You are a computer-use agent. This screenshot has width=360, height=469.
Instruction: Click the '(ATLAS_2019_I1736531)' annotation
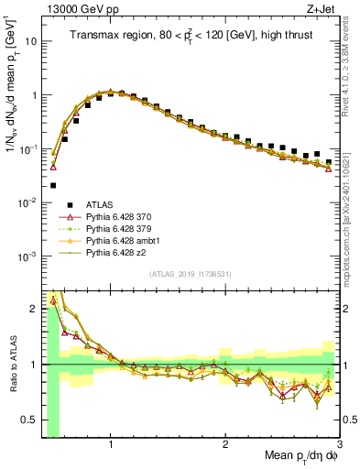click(191, 274)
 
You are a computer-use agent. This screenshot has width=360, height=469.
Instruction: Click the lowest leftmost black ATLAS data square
click(53, 184)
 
